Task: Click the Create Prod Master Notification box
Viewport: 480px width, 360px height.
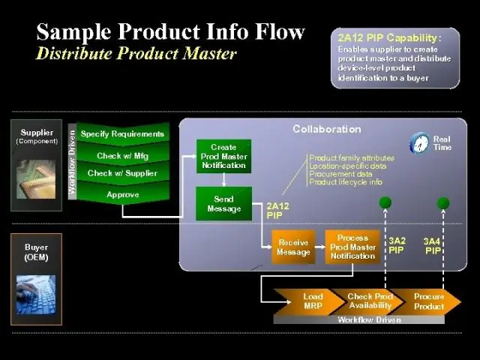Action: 223,156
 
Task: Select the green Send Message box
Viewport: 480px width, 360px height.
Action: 223,203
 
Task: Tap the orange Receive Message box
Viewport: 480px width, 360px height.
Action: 293,247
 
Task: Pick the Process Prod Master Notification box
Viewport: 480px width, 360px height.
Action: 352,247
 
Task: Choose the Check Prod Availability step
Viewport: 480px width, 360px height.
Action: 370,301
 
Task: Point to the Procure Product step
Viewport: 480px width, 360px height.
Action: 429,301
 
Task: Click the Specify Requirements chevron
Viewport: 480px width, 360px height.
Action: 122,134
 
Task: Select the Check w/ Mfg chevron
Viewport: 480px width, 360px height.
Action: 122,155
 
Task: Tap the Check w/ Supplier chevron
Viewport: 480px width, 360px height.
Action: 122,173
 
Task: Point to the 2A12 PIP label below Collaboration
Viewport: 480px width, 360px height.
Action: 277,210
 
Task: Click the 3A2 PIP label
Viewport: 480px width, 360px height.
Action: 397,245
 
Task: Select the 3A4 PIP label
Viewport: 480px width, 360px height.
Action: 433,245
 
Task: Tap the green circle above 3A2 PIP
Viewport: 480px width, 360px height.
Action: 385,202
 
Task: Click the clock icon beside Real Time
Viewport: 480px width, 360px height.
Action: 420,142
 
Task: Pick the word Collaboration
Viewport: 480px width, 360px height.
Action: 326,129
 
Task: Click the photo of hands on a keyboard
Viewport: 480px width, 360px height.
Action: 35,295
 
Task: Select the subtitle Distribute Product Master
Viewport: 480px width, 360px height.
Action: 136,53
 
